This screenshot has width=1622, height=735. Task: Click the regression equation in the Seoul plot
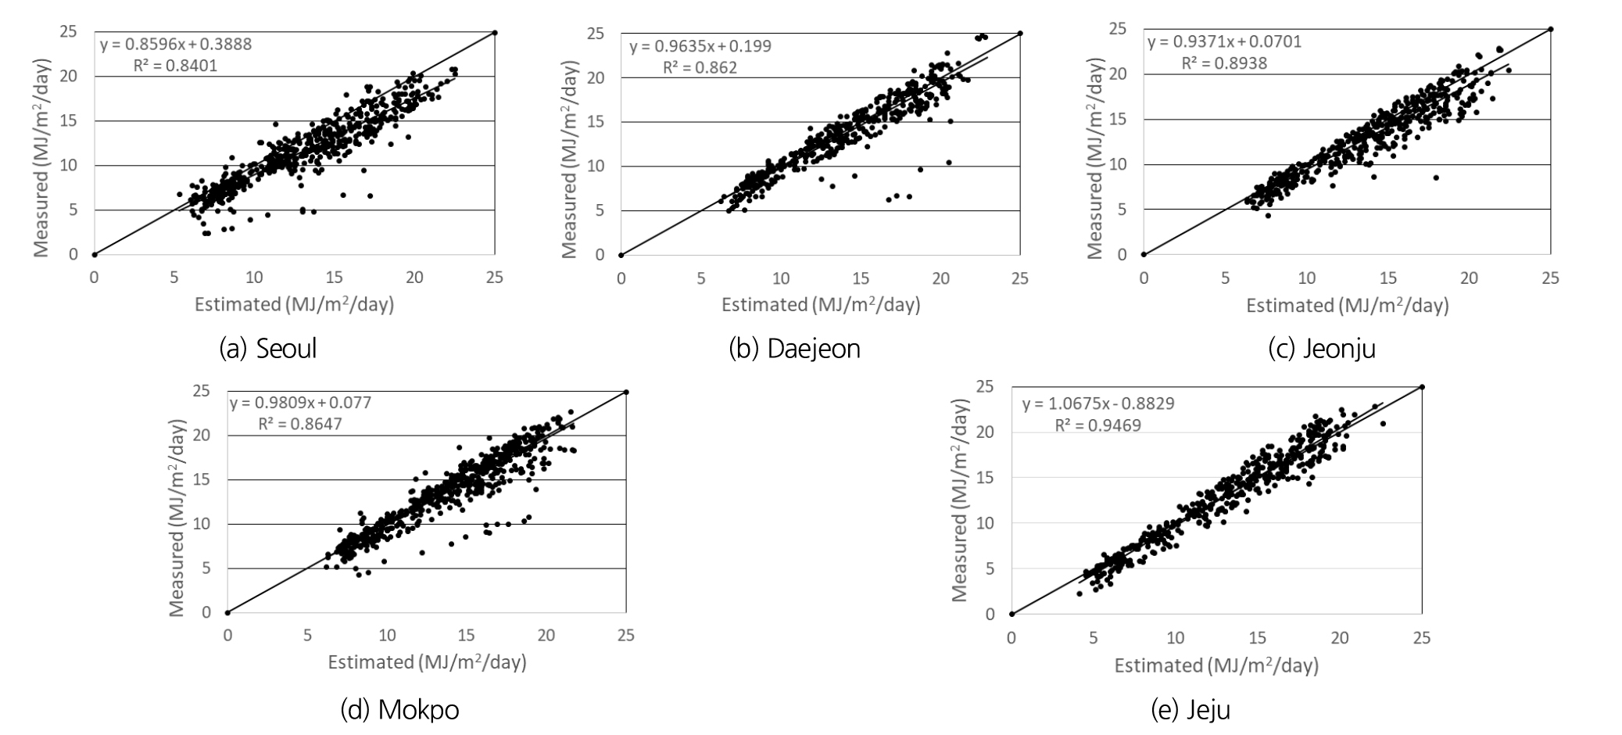click(x=176, y=45)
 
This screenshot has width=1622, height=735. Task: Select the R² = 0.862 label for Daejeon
click(x=700, y=67)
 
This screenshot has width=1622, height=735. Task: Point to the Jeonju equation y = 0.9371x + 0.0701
click(x=1224, y=41)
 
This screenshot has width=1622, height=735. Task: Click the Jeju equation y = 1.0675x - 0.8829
click(x=1097, y=404)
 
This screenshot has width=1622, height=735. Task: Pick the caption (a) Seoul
click(x=268, y=348)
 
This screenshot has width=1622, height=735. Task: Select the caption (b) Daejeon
click(x=794, y=348)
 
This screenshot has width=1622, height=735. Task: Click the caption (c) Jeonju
click(x=1321, y=348)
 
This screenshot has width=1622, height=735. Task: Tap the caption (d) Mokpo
click(x=399, y=710)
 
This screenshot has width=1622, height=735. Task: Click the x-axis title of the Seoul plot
click(x=294, y=304)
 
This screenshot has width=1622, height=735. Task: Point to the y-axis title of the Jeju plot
click(x=960, y=500)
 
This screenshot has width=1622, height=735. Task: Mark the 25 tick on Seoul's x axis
click(x=494, y=277)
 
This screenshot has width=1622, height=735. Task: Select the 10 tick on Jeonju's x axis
click(x=1306, y=278)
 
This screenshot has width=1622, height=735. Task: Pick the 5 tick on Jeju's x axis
click(x=1093, y=638)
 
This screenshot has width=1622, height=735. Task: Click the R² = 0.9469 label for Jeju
click(x=1097, y=425)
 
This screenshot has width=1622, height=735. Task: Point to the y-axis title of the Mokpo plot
click(x=177, y=518)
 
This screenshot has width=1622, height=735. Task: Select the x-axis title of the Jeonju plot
click(x=1347, y=305)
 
